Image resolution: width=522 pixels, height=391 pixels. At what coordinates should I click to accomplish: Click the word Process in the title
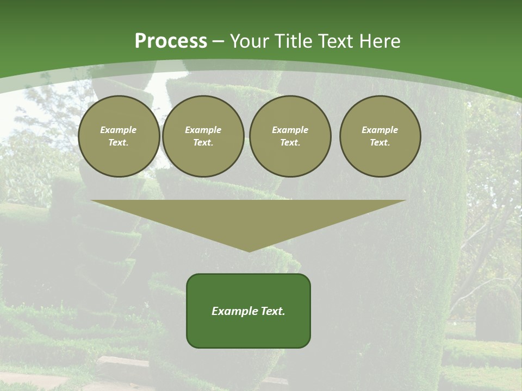point(171,41)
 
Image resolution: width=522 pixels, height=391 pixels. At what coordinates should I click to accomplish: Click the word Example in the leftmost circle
point(119,130)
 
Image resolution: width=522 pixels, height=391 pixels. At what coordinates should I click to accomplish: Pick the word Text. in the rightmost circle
point(380,143)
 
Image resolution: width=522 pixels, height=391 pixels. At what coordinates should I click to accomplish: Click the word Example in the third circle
point(290,130)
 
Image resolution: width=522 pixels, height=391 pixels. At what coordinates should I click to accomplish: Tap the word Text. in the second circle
point(203,143)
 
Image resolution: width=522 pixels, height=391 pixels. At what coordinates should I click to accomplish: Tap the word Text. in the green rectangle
point(274,311)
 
